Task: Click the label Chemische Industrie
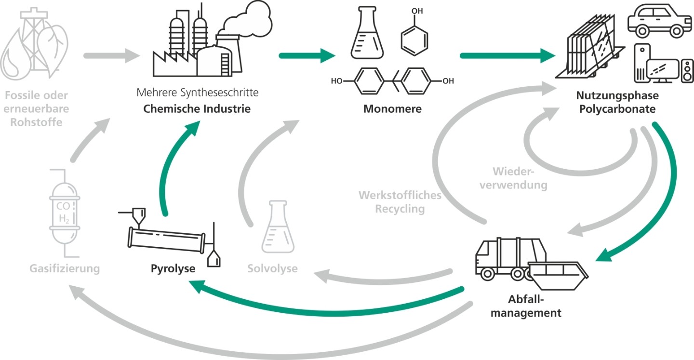(197, 108)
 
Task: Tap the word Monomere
(392, 109)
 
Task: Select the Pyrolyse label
(173, 268)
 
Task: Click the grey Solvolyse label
(272, 268)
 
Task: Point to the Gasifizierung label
(65, 268)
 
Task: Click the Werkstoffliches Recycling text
(400, 202)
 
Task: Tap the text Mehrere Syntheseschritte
(198, 92)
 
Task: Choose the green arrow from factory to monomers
(307, 55)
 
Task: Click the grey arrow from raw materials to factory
(108, 55)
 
